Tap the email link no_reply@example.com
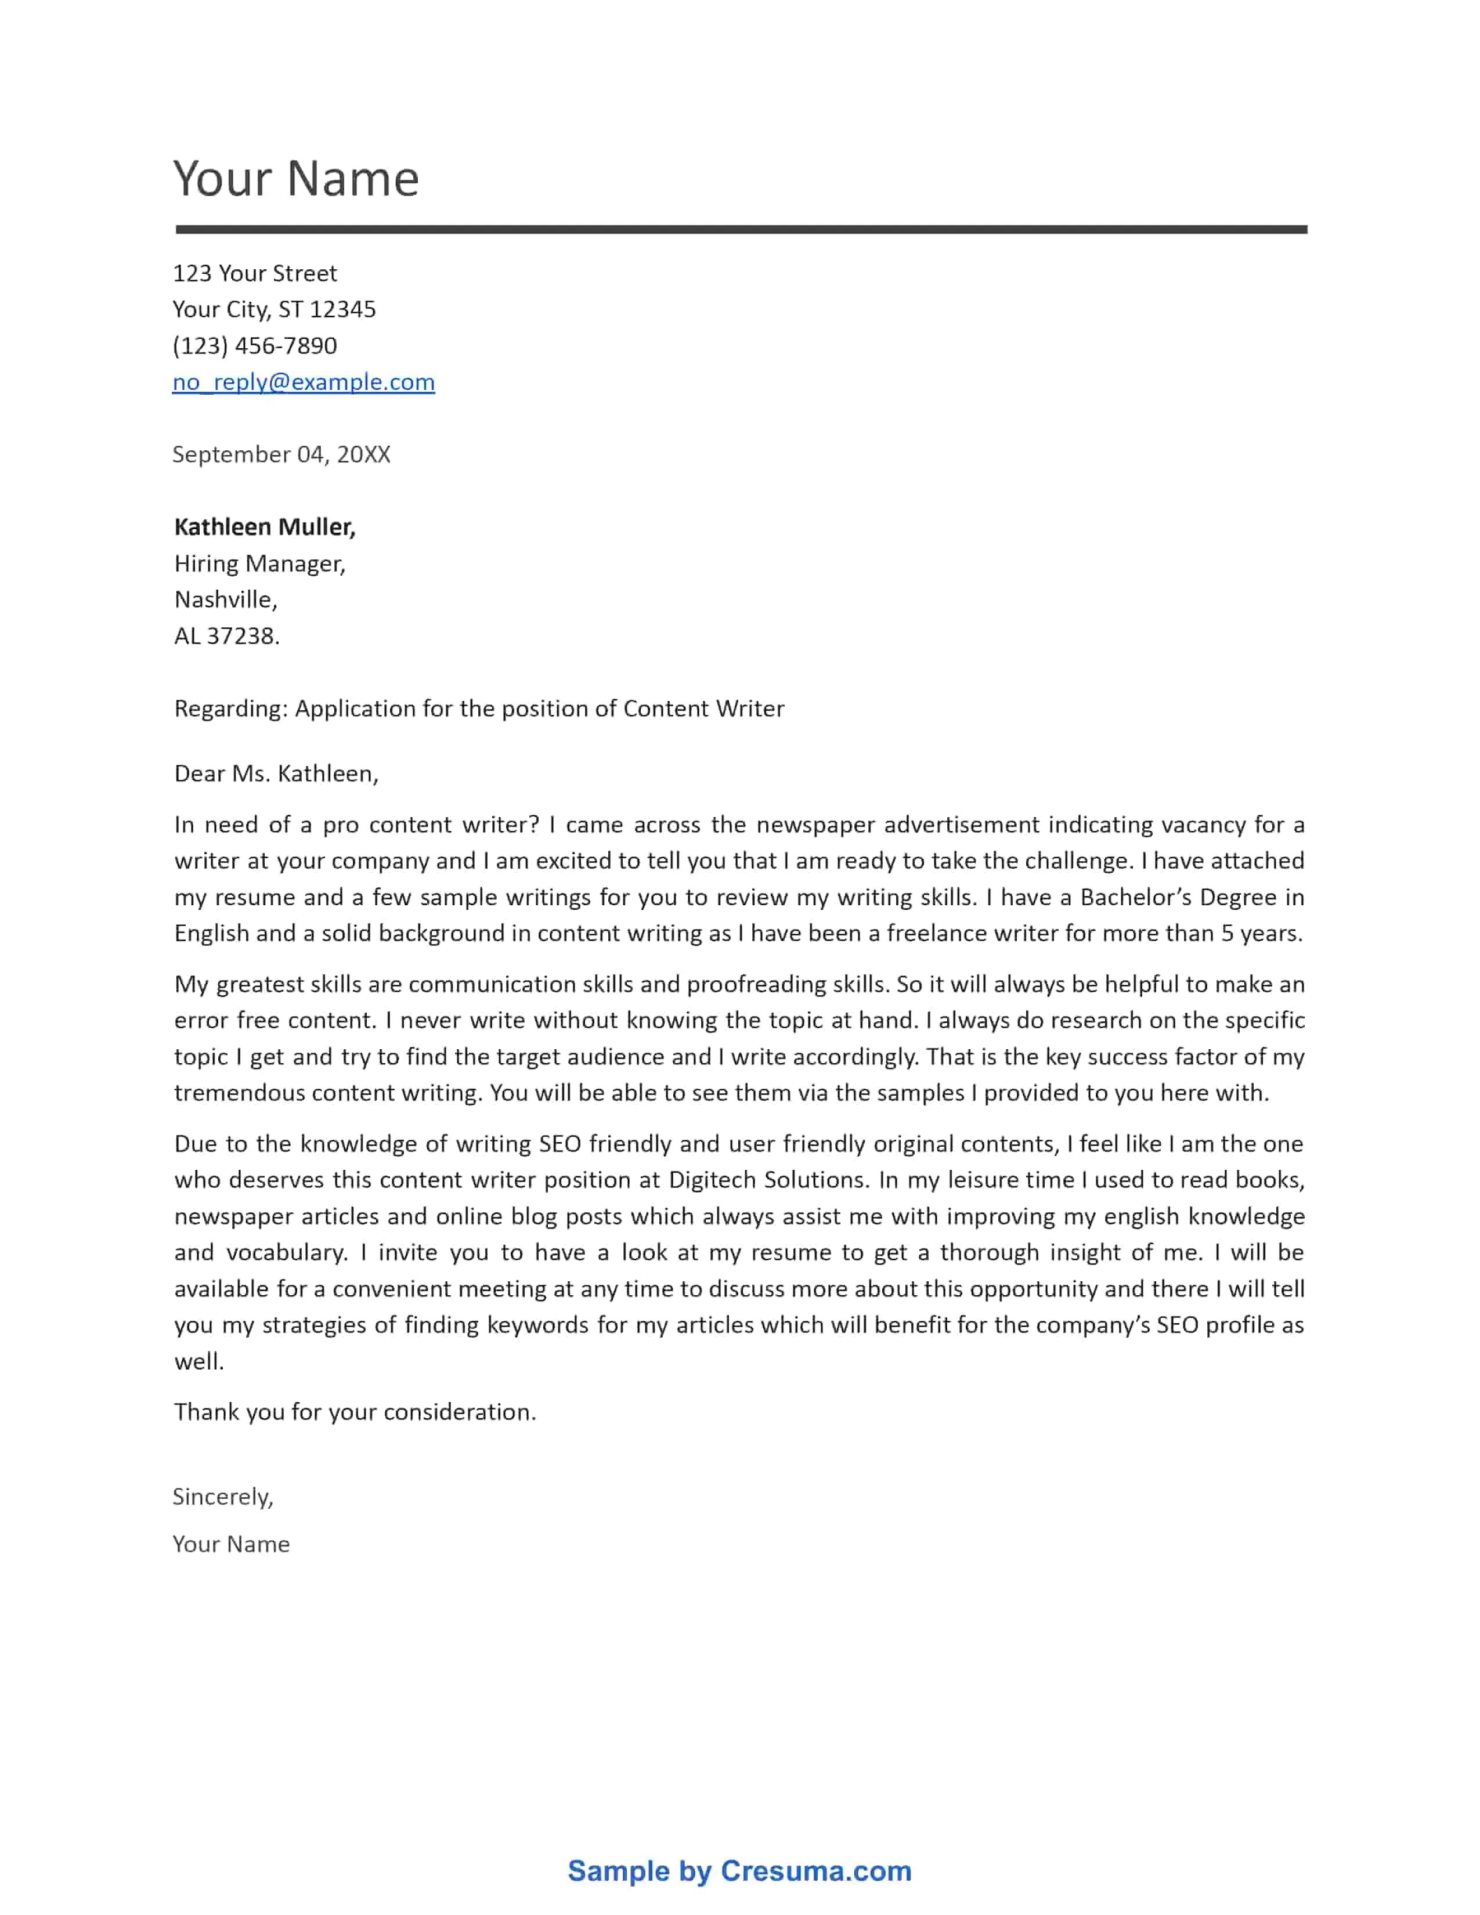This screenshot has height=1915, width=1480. (304, 382)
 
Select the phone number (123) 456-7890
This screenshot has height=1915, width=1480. (254, 345)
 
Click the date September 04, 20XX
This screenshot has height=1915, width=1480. (280, 454)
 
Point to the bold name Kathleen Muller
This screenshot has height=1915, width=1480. (264, 527)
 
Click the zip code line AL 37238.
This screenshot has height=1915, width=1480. (226, 635)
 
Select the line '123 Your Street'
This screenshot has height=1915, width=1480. (254, 273)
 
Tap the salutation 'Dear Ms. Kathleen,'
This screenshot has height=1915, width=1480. (276, 774)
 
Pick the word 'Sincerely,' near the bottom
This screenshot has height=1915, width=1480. (223, 1497)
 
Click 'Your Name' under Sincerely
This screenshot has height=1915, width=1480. (230, 1544)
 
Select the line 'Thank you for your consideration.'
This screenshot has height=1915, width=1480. (354, 1412)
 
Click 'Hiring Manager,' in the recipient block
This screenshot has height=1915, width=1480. (259, 564)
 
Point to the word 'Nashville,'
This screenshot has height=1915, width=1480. (225, 600)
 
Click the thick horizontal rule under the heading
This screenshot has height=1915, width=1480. (741, 230)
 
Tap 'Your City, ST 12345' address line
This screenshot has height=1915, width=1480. (273, 309)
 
